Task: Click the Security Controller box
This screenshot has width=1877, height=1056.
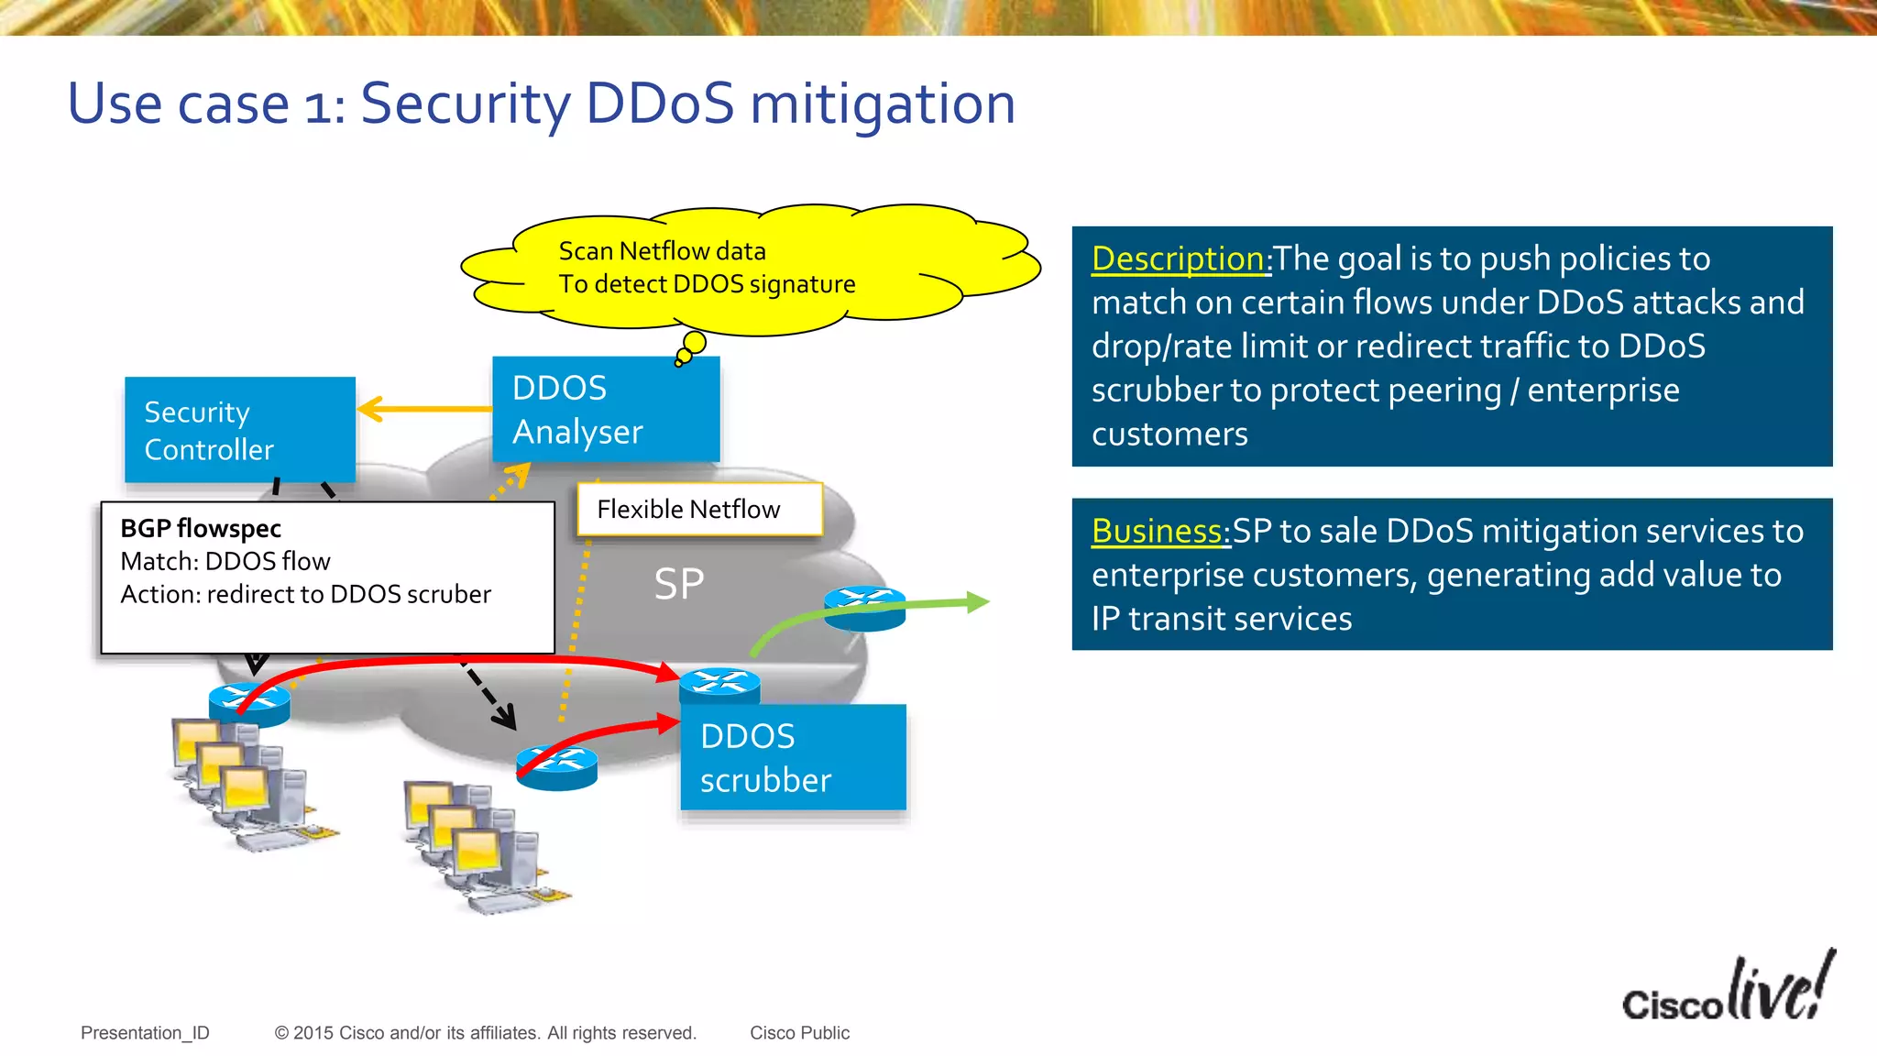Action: (x=239, y=429)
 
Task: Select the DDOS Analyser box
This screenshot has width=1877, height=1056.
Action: (x=606, y=409)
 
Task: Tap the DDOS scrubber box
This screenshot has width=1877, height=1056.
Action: (x=793, y=757)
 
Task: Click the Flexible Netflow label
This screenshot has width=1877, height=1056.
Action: (x=699, y=509)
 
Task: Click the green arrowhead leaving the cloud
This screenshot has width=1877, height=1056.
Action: (x=978, y=602)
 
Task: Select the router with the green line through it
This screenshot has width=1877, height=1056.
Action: (x=864, y=608)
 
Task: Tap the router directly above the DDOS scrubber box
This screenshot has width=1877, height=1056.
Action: (x=719, y=685)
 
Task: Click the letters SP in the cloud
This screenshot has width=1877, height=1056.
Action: (x=679, y=584)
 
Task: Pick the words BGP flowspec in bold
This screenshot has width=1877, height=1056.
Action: (x=201, y=529)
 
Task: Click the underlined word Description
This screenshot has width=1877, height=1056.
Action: (x=1178, y=258)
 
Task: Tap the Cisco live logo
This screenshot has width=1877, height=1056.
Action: (x=1729, y=990)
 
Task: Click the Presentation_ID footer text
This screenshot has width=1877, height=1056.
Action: (x=145, y=1033)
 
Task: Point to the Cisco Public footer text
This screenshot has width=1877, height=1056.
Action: (x=799, y=1033)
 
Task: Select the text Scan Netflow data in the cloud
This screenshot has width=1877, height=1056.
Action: (x=662, y=251)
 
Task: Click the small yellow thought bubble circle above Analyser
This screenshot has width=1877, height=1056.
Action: (x=695, y=343)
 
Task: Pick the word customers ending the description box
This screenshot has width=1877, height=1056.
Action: (x=1169, y=434)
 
